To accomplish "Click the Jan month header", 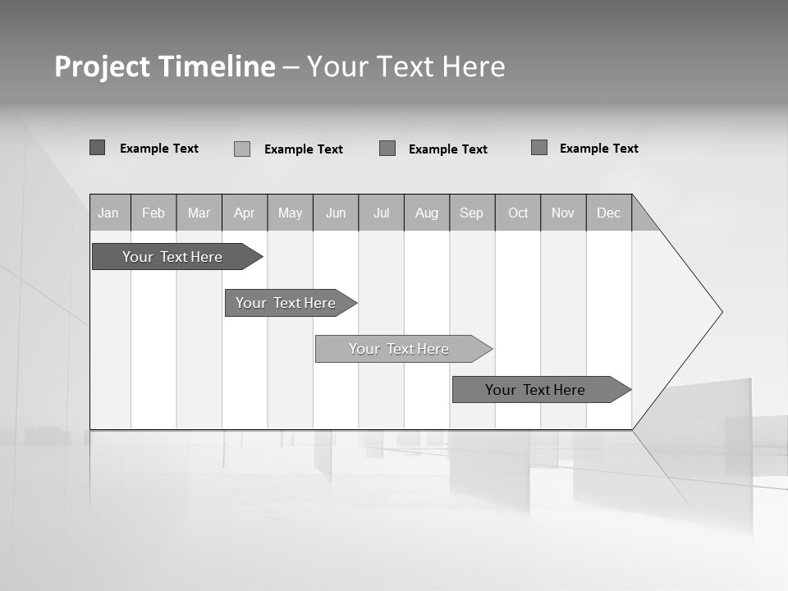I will (x=109, y=213).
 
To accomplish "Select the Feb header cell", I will (x=153, y=213).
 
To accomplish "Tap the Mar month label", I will (x=199, y=213).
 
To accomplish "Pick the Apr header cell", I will (x=245, y=213).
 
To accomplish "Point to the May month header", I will (x=290, y=213).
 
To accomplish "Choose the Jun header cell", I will (x=336, y=213).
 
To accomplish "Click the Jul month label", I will (x=381, y=213).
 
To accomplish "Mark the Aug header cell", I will (x=427, y=213).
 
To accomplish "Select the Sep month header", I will (x=472, y=213).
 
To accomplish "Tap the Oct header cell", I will (x=518, y=213).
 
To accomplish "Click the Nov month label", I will (x=563, y=213).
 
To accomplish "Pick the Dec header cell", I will (x=609, y=213).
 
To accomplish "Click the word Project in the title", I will (x=102, y=66).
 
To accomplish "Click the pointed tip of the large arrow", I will (x=720, y=312).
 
